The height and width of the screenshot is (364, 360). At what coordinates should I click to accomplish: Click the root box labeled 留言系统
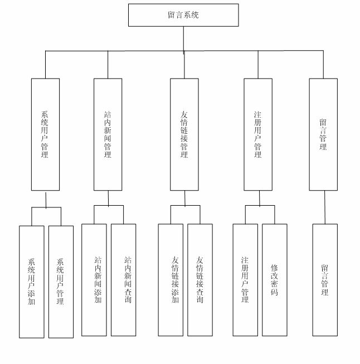tap(183, 15)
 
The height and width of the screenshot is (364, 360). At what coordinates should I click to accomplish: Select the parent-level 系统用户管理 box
tap(45, 134)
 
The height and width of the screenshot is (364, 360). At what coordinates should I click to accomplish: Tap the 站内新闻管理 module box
tap(108, 134)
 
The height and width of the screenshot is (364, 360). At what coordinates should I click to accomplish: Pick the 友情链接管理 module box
tap(184, 134)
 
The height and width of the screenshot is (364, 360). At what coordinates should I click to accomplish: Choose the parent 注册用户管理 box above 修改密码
tap(258, 134)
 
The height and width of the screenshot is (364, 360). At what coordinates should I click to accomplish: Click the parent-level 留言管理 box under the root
tap(323, 134)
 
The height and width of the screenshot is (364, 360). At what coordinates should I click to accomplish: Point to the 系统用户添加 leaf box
tap(31, 282)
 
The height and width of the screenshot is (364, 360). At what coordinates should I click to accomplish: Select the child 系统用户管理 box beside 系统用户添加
tap(61, 282)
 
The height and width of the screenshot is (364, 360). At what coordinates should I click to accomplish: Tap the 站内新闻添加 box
tap(94, 280)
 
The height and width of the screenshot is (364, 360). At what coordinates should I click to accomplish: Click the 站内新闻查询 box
tap(123, 280)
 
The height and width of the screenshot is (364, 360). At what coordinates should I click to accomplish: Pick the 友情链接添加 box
tap(171, 280)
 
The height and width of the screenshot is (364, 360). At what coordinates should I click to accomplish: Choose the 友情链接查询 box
tap(200, 280)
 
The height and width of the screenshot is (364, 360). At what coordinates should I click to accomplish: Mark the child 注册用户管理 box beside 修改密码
tap(245, 280)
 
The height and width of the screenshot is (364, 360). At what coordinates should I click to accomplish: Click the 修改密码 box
tap(275, 280)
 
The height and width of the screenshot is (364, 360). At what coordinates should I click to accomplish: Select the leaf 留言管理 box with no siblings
tap(325, 280)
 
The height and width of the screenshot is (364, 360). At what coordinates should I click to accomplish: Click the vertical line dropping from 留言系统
tap(183, 39)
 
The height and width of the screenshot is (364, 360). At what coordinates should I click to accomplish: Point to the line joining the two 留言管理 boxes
tap(324, 207)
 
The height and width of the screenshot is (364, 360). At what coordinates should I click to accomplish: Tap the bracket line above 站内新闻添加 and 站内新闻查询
tap(108, 206)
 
